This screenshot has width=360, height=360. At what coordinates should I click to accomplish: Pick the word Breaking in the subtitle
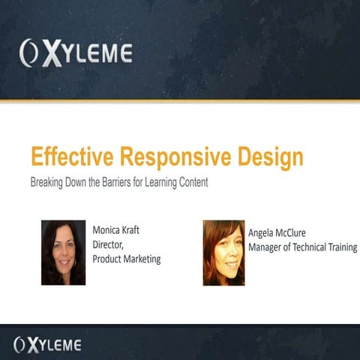[47, 182]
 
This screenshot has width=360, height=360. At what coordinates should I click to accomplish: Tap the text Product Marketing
[127, 259]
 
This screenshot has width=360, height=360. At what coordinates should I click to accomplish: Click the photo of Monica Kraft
[63, 252]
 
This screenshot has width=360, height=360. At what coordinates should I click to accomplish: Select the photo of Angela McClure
[223, 253]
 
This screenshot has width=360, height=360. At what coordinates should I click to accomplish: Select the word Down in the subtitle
[79, 182]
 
